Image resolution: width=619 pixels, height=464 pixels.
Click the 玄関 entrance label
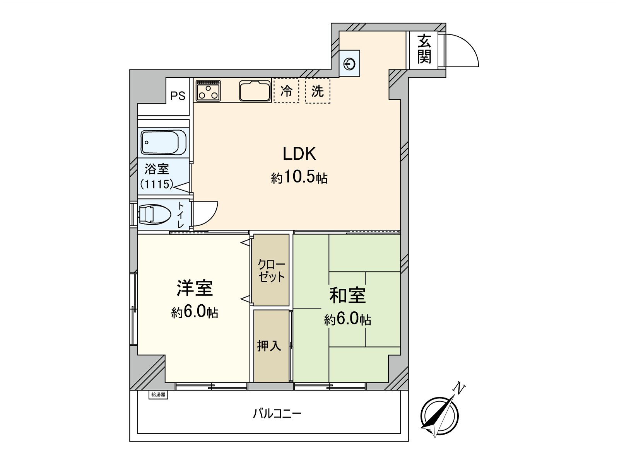[x=424, y=49]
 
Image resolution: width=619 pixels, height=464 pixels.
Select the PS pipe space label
[x=178, y=96]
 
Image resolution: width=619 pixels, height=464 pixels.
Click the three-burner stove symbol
[x=208, y=90]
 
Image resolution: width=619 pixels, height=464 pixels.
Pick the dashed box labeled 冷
[x=286, y=91]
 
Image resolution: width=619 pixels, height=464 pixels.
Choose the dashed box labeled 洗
[x=318, y=91]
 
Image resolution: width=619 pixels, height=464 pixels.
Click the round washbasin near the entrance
[x=350, y=64]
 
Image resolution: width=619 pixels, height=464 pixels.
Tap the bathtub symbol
[x=164, y=142]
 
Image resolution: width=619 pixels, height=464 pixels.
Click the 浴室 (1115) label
[x=157, y=176]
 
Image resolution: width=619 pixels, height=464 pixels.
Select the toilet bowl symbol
[x=154, y=214]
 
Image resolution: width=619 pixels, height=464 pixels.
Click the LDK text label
[x=299, y=154]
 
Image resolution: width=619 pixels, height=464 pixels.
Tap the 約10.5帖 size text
[x=299, y=177]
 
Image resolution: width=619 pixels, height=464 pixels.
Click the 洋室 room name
[x=195, y=288]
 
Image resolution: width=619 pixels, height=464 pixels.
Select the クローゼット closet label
[x=271, y=271]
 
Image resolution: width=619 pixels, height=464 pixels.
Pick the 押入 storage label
[x=269, y=346]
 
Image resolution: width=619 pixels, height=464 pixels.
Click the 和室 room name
[x=347, y=295]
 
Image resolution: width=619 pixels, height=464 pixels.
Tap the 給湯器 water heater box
[x=158, y=395]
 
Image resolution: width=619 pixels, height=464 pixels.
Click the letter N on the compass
[x=459, y=388]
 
